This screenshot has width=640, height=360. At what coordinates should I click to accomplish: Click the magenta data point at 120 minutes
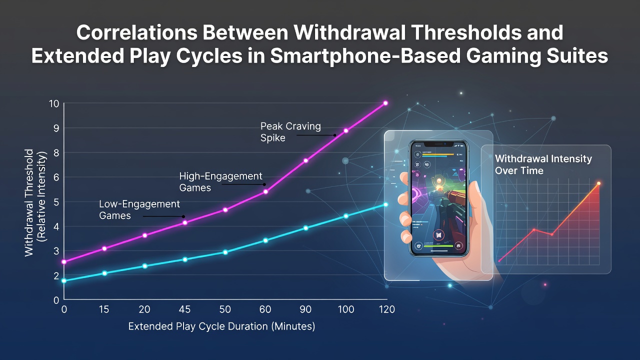[385, 103]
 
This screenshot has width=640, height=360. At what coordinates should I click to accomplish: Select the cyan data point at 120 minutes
[385, 204]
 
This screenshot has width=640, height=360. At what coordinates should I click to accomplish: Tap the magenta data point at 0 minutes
[64, 261]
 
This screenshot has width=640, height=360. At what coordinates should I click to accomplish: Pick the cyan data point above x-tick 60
[265, 240]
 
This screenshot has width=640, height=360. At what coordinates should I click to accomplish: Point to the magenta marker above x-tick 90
[305, 160]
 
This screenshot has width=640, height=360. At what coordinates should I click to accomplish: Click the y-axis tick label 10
[54, 103]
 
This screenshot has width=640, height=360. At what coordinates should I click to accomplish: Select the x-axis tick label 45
[184, 309]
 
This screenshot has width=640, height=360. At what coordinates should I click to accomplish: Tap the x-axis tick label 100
[346, 309]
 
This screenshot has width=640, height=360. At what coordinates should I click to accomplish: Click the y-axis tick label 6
[56, 177]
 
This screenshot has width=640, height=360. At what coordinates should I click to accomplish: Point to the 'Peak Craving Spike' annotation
[290, 132]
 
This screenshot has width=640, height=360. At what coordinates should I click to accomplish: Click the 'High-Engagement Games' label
[220, 181]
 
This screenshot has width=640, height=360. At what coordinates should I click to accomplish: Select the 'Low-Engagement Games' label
[139, 209]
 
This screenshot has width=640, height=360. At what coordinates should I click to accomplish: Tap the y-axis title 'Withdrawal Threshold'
[29, 202]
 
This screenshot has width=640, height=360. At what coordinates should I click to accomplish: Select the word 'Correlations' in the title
[137, 32]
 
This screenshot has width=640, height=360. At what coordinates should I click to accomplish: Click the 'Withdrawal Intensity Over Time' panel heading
[543, 164]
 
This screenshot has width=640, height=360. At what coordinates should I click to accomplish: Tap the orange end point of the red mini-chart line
[598, 183]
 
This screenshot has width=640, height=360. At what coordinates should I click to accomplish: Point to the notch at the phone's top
[438, 143]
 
